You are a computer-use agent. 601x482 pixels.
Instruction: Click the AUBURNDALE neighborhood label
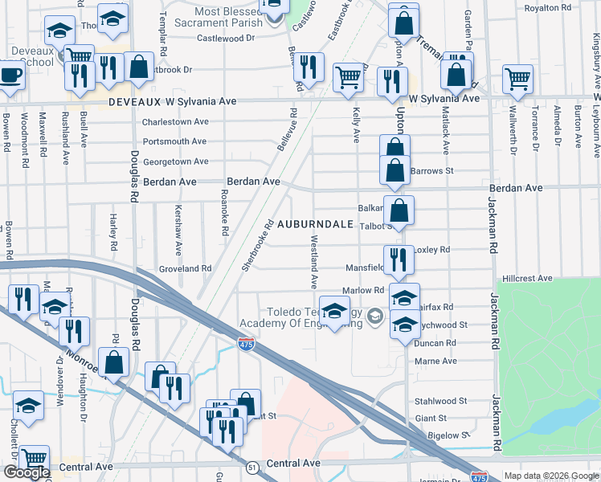click(316, 224)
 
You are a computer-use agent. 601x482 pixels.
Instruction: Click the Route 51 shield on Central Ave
click(252, 467)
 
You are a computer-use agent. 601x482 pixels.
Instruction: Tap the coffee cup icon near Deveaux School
click(10, 75)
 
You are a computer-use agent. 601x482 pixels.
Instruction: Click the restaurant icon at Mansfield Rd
click(399, 259)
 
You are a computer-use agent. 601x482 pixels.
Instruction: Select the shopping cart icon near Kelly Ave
click(348, 78)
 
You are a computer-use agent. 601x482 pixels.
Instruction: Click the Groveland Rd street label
click(185, 268)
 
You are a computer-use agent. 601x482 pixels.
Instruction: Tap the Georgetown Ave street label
click(176, 161)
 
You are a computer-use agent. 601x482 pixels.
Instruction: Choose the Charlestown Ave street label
click(175, 122)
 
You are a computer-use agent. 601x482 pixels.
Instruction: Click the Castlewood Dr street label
click(226, 38)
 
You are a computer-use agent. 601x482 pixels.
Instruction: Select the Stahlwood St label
click(440, 401)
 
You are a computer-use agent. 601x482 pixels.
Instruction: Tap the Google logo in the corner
click(26, 472)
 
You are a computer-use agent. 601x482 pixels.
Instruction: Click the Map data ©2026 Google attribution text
click(551, 476)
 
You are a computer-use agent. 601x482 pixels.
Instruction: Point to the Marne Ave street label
click(436, 361)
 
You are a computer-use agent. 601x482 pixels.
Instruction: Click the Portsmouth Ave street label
click(175, 141)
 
